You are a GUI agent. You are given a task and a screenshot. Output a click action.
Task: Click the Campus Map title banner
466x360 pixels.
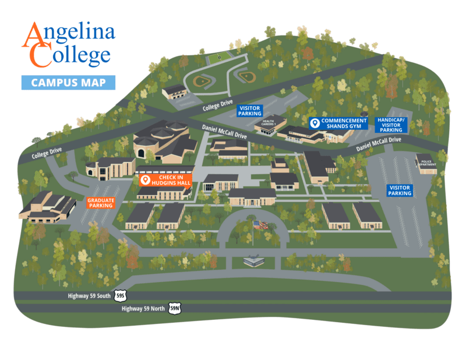coord(68,82)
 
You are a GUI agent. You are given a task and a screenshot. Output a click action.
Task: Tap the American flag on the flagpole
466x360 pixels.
coord(260,224)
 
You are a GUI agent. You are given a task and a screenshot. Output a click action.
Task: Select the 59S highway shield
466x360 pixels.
coord(121,296)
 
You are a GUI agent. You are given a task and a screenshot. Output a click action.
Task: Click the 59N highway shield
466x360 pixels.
coord(174,308)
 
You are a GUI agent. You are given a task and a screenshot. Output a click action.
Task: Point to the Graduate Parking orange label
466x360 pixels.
coord(101,203)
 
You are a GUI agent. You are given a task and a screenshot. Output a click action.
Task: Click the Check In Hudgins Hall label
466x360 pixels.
coord(163,181)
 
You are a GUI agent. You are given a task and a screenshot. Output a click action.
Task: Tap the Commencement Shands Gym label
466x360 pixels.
coord(339,123)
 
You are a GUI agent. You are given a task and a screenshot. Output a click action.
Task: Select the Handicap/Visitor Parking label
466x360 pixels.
coord(391,125)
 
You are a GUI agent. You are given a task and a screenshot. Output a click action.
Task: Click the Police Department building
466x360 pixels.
coord(426,164)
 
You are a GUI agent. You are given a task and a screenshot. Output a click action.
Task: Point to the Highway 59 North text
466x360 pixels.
coord(143,308)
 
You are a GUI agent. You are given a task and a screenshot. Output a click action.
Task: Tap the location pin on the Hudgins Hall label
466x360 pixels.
coord(145,181)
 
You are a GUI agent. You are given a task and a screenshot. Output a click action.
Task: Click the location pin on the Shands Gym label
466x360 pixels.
coord(315,123)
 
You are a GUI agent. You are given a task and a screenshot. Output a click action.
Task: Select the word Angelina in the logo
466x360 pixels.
coord(69,36)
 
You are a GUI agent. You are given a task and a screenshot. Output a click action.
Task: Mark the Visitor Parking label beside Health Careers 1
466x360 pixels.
coord(250,111)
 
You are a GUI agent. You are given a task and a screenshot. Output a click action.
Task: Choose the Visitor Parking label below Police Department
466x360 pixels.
coord(400,190)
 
